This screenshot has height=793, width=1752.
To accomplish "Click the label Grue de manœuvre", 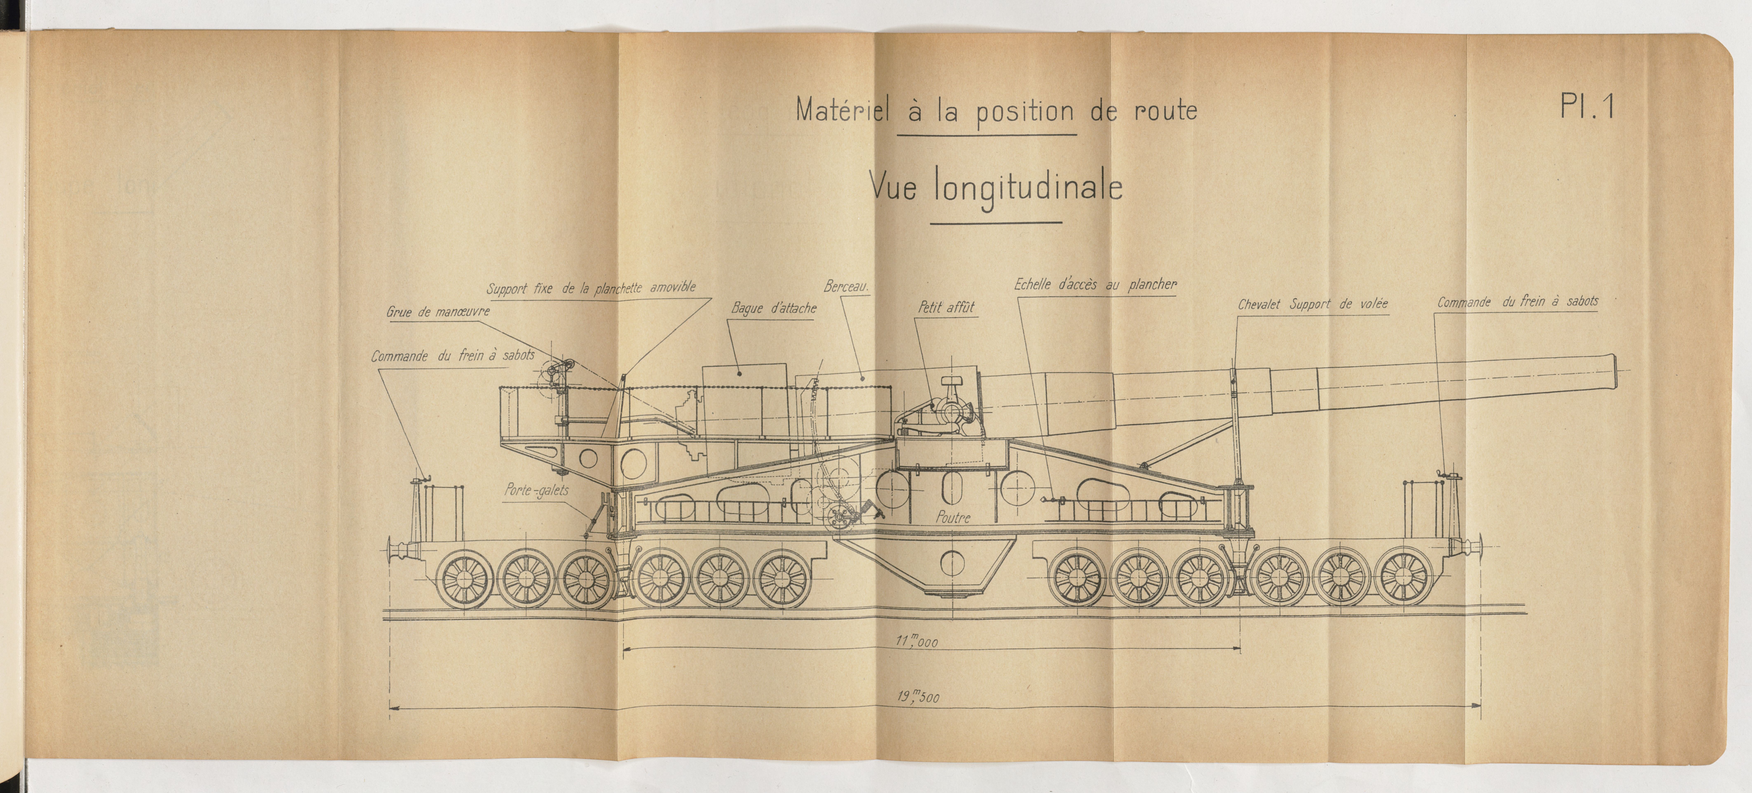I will click(437, 312).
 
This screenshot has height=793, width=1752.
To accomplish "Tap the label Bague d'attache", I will click(773, 308).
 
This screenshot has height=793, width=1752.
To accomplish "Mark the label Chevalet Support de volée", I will click(1312, 305).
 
